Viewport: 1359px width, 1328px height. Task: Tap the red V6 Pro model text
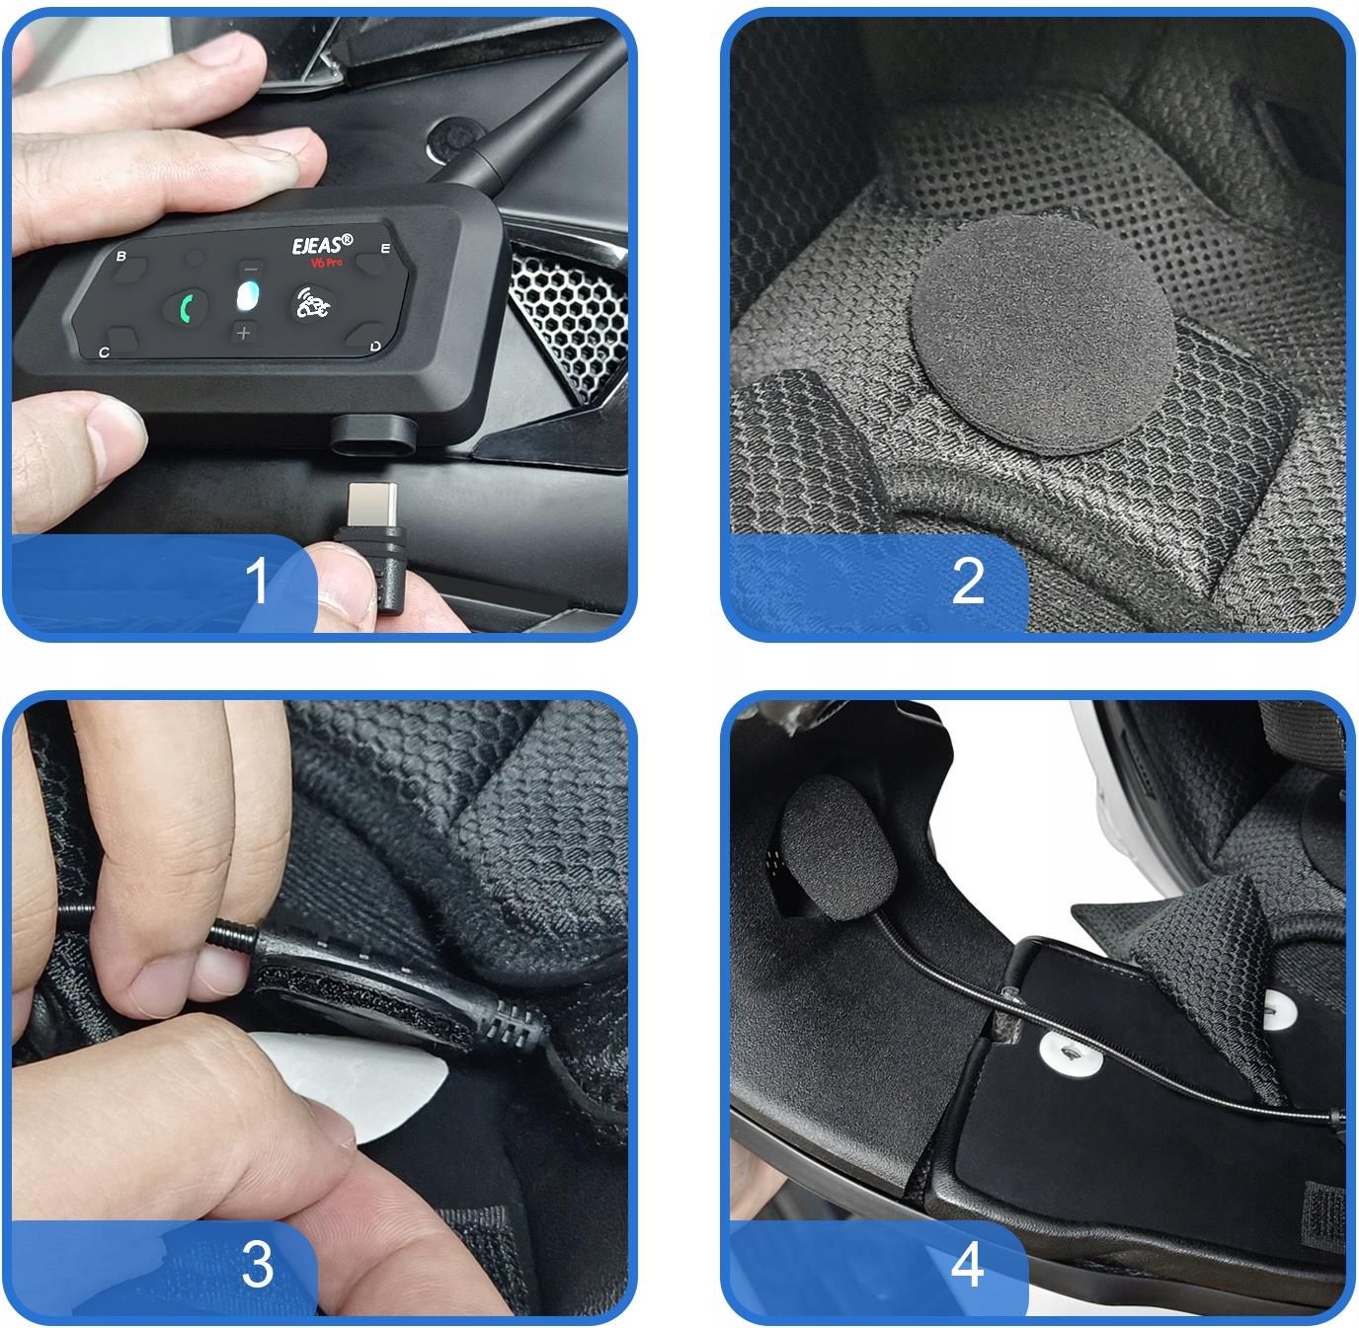coord(326,263)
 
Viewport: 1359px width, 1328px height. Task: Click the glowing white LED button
coord(247,296)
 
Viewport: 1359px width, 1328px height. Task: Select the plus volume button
coord(243,333)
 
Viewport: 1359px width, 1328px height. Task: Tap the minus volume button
coord(251,269)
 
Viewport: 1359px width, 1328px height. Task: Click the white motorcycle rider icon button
coord(313,303)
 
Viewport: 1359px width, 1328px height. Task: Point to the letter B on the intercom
coord(120,257)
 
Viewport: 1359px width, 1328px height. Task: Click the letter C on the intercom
coord(104,352)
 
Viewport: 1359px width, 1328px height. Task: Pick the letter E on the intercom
coord(385,249)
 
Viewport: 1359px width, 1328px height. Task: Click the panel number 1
coord(257,581)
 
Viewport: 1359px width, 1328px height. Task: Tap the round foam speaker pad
coord(1043,333)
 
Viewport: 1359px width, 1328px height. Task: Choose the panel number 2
coord(968,581)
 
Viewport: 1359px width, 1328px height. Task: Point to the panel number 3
coord(257,1265)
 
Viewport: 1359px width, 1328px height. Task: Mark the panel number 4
coord(968,1265)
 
